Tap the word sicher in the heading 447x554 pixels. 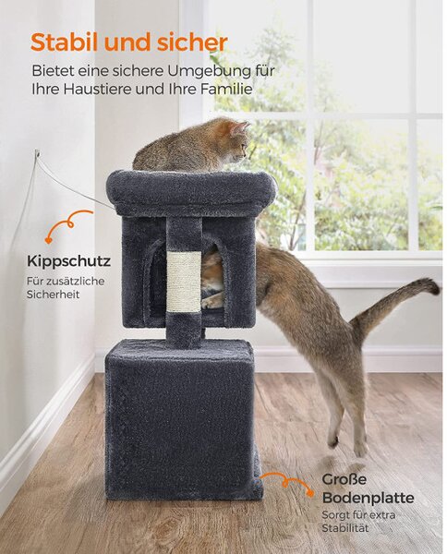(192, 42)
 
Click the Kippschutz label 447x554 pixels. (68, 262)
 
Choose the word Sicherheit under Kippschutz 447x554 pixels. (53, 295)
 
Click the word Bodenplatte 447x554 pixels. (368, 498)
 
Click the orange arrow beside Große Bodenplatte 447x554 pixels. (286, 482)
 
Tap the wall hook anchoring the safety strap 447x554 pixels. (37, 152)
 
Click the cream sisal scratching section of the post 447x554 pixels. (184, 281)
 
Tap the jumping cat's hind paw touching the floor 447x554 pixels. (360, 450)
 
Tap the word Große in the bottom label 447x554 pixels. (340, 479)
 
